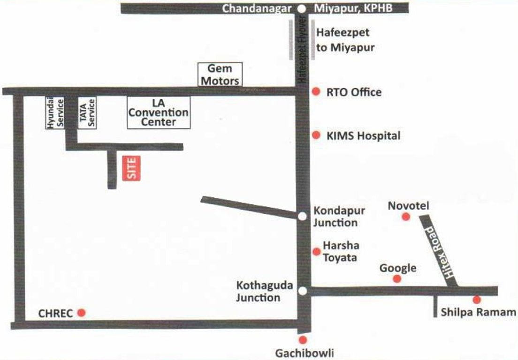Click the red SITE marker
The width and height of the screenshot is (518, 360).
pos(132,168)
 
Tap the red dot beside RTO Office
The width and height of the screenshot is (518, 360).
pos(316,91)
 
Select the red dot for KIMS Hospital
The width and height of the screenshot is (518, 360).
pos(316,135)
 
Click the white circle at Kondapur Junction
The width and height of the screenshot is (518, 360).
pos(303,216)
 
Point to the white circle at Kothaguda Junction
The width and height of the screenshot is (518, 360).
pos(303,291)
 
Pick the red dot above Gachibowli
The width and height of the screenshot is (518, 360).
pos(303,340)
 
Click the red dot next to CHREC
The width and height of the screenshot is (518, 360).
pos(82,312)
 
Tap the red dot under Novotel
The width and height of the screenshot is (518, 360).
pos(406,216)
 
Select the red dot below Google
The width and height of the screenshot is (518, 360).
pos(397,278)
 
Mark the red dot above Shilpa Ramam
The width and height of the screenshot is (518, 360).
pos(477,300)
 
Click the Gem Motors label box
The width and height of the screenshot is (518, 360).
pos(220,75)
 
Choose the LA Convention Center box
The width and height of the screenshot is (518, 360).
pos(159,112)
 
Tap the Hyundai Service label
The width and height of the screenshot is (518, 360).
pos(54,112)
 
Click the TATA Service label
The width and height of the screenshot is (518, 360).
pos(87,112)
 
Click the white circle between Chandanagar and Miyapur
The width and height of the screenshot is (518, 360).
pos(302,8)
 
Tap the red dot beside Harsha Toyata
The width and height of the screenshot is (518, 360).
pos(317,252)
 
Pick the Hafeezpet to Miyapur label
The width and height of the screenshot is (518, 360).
pos(345,40)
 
